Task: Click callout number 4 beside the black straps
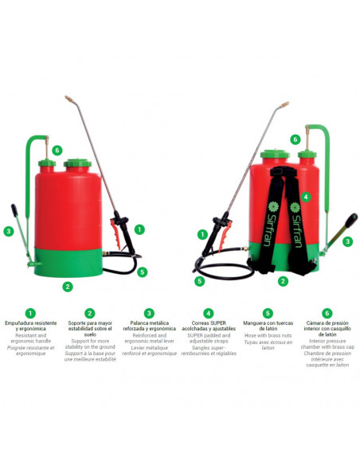tap(307, 196)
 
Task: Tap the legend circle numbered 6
tap(327, 313)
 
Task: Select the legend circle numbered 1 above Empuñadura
tap(30, 313)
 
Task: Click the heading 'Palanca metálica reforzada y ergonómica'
tap(149, 328)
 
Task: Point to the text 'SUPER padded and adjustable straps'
tap(209, 339)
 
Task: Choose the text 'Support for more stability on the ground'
tap(90, 342)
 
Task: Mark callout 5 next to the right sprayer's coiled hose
tap(200, 280)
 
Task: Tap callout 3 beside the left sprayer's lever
tap(9, 231)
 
